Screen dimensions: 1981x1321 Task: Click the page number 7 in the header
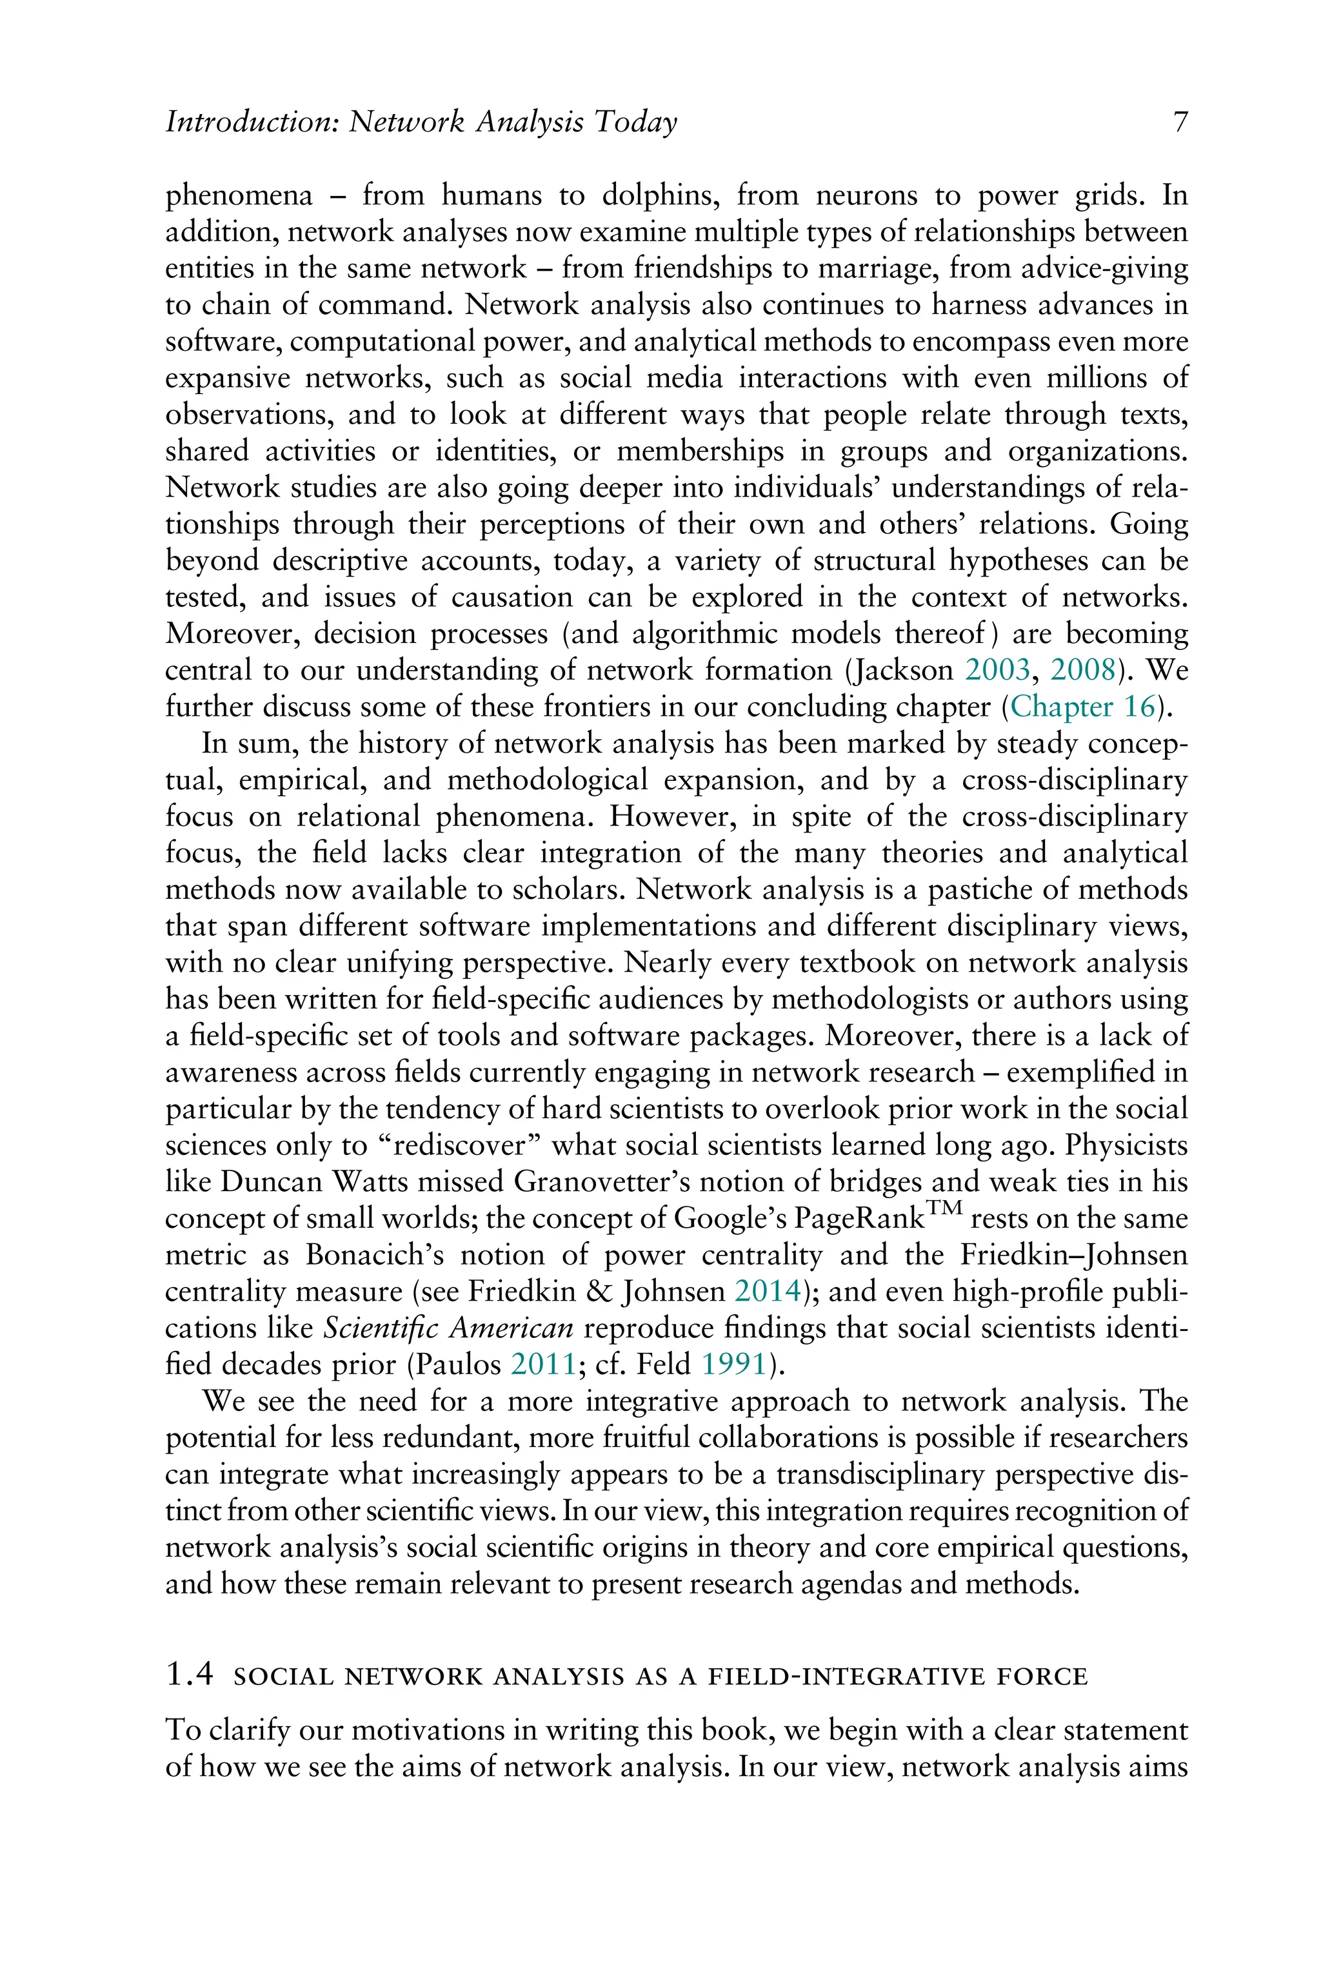point(1180,123)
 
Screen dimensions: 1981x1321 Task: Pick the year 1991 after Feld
point(734,1365)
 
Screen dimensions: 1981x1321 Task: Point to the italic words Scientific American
point(448,1328)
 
